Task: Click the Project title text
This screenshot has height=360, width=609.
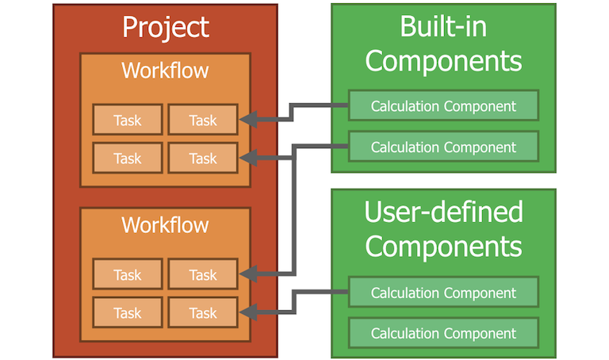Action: (165, 28)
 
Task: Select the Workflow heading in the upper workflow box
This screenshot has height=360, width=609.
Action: (165, 71)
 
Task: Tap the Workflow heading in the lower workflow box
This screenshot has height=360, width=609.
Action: (165, 224)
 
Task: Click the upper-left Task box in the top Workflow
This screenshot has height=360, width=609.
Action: (127, 121)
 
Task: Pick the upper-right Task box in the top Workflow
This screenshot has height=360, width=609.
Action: (203, 121)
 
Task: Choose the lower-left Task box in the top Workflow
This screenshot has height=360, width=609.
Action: (127, 158)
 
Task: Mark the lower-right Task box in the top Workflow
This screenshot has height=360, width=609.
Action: (203, 158)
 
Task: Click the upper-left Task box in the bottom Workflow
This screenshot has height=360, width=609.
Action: (127, 274)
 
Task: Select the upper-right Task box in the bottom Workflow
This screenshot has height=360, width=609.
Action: (203, 274)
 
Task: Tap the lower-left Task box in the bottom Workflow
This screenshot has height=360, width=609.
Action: (127, 312)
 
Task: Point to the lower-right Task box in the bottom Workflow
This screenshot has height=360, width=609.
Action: (203, 312)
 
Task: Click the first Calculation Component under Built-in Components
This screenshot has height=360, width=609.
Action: (443, 105)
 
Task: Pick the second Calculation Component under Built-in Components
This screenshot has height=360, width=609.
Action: (443, 147)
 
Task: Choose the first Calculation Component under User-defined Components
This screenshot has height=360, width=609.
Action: (443, 293)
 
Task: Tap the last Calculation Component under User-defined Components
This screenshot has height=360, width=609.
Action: (443, 333)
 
